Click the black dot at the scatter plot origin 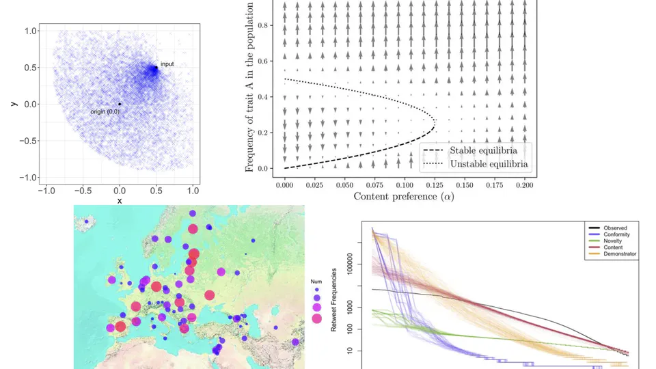point(120,104)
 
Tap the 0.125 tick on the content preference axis point(435,184)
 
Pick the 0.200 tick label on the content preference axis point(525,184)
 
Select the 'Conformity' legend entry point(616,234)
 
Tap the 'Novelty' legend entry point(613,241)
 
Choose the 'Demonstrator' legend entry point(619,254)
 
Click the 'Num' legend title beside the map point(316,280)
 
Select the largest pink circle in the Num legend point(316,318)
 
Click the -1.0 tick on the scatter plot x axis point(46,190)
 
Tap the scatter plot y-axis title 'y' point(13,104)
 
